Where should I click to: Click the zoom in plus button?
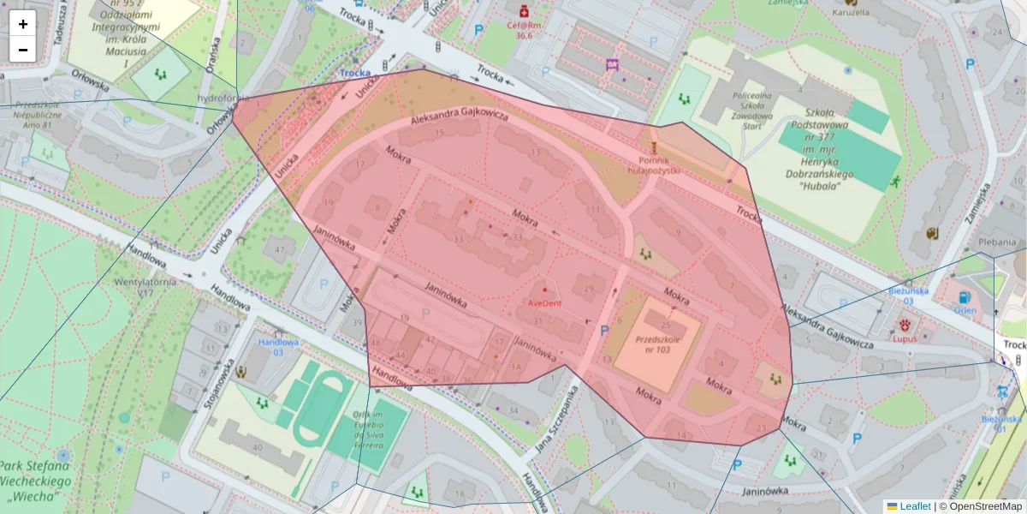coord(23,24)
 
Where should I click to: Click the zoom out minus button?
coord(23,50)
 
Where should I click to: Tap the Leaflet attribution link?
coord(914,506)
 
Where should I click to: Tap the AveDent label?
coord(544,303)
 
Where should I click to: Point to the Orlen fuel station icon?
coord(965,297)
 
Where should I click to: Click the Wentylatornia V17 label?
coord(139,286)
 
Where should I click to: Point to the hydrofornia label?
coord(222,98)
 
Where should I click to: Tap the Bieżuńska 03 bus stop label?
coord(907,296)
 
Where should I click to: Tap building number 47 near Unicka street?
coord(278,249)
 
